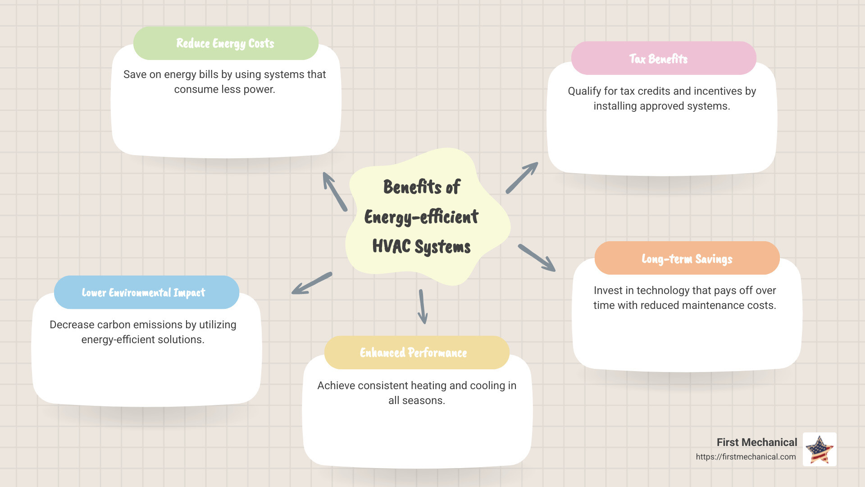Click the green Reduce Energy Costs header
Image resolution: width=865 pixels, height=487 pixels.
pos(226,43)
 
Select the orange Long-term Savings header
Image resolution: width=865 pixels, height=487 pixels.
pos(687,258)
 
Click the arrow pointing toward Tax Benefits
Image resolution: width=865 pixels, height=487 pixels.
pos(522,178)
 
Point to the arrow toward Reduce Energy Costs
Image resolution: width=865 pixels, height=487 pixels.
pos(335,192)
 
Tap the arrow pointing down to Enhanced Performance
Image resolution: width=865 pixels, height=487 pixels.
pos(423,307)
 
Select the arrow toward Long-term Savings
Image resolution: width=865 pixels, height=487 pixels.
pos(537,258)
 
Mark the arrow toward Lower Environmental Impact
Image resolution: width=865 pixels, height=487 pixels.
pos(312,284)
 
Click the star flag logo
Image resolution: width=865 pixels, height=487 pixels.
pos(819,449)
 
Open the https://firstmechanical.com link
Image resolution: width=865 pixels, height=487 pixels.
pos(746,457)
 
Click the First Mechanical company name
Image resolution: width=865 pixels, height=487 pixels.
pos(757,442)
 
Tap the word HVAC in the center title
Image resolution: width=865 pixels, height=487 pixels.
pos(392,246)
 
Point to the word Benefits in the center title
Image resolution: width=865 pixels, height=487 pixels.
pos(412,187)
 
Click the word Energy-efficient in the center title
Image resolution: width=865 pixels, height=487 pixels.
pos(421,217)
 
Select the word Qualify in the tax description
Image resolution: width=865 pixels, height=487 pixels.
pos(584,91)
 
